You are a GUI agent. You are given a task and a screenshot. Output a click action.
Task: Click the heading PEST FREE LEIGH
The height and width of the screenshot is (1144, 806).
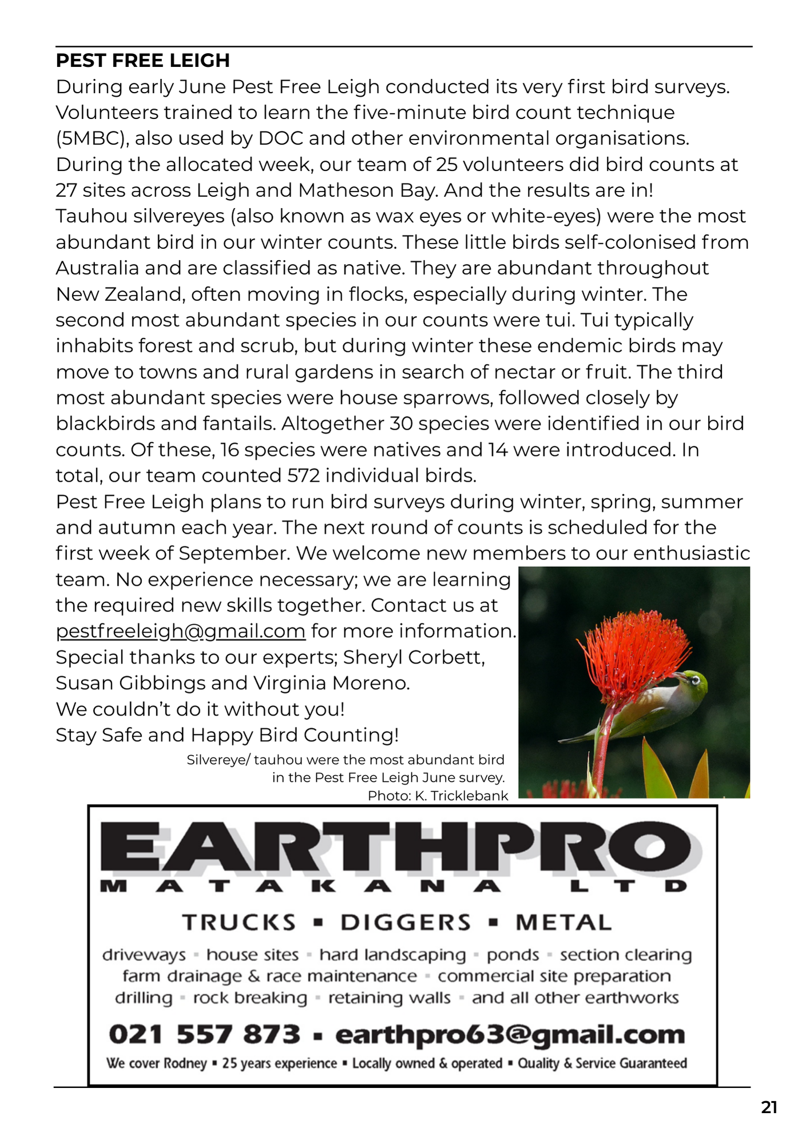(142, 61)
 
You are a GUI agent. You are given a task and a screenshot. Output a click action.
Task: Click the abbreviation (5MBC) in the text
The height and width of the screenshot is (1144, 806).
(91, 139)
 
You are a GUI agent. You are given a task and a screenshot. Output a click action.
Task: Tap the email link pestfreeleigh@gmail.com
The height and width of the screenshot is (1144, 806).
(180, 631)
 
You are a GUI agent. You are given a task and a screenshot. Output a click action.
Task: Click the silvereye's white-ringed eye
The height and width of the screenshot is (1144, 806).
(695, 681)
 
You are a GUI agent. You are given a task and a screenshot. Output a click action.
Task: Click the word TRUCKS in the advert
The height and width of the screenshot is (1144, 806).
(239, 923)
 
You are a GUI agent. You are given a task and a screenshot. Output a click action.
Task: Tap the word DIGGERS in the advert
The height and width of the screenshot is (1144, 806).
(406, 923)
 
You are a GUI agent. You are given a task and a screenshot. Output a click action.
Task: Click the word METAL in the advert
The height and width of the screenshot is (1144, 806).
(563, 923)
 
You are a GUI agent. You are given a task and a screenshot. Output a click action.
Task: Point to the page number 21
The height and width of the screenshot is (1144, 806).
(769, 1108)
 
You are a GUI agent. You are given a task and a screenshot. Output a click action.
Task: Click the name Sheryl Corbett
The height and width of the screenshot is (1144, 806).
(414, 658)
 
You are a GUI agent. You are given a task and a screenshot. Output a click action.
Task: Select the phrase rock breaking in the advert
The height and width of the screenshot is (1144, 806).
(250, 998)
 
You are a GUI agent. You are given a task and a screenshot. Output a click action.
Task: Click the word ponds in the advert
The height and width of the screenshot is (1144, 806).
(513, 955)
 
